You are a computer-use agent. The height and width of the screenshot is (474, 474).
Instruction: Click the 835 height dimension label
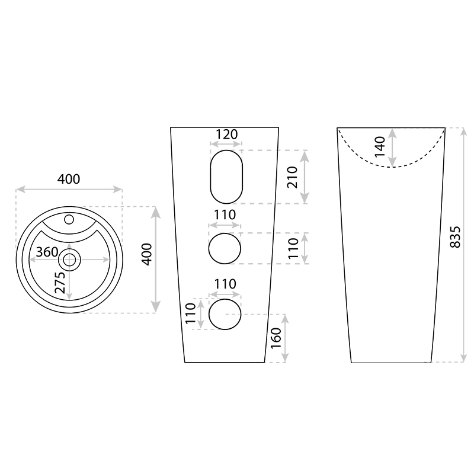tap(455, 237)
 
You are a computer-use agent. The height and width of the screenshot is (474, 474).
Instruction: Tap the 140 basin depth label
tap(380, 146)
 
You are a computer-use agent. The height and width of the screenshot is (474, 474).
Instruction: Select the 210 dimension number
tap(292, 177)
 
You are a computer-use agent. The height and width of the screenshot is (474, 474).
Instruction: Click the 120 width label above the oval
tap(227, 134)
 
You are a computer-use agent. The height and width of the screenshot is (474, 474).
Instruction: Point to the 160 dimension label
tap(276, 338)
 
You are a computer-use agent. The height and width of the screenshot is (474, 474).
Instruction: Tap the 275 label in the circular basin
tap(60, 283)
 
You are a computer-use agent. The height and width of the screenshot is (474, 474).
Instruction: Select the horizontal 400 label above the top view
tap(69, 180)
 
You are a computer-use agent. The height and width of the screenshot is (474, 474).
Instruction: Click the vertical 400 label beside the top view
tap(147, 254)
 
